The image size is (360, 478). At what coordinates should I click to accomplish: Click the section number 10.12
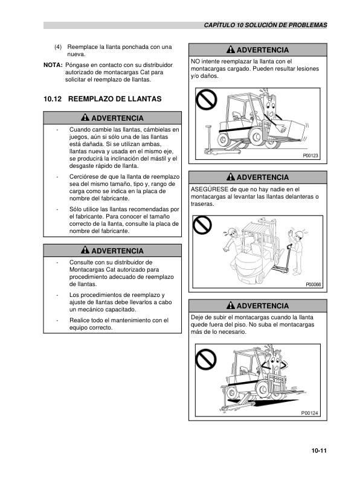(53, 98)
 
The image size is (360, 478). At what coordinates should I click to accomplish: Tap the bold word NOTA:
(53, 63)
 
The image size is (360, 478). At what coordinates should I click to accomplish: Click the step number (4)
(58, 46)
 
